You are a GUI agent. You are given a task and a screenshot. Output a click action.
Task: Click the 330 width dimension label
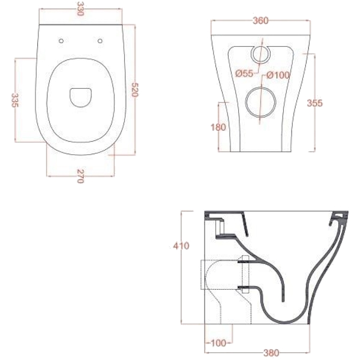[80, 8]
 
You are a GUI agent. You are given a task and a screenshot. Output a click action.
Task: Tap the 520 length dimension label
[135, 90]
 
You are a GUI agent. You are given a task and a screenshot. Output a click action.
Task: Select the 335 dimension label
[15, 100]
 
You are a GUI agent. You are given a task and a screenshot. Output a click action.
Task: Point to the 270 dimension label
[80, 176]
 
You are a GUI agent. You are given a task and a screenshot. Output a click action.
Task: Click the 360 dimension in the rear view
[260, 21]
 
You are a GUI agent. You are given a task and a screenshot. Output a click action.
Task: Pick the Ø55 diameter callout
[244, 73]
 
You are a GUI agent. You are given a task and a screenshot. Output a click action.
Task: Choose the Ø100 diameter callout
[278, 75]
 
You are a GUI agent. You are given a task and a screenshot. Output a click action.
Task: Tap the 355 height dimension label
[315, 103]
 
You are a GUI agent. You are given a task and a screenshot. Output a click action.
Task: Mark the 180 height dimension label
[218, 127]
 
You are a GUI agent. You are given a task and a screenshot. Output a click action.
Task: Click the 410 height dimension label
[181, 246]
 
